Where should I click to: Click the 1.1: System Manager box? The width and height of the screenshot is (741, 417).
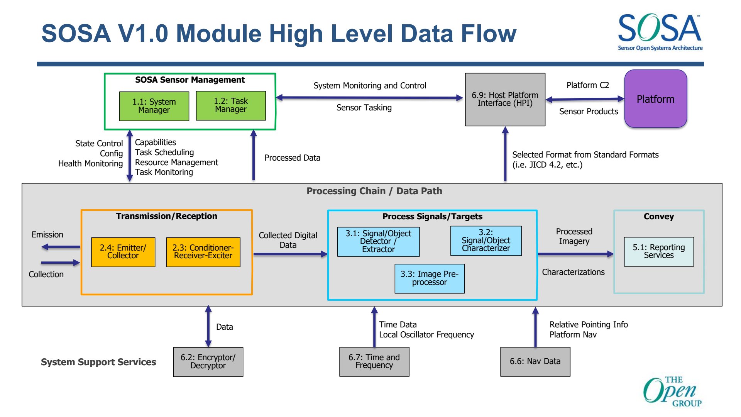(x=154, y=106)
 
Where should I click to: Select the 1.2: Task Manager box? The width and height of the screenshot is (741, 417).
(x=231, y=105)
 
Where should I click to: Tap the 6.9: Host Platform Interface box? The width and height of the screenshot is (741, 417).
(x=505, y=100)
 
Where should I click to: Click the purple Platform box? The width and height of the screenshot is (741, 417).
(x=656, y=99)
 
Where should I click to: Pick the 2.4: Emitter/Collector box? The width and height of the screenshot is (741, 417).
(x=123, y=252)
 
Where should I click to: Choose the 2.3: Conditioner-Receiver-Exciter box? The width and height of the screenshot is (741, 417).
(x=203, y=252)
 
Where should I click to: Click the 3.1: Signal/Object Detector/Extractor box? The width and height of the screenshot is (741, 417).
(x=378, y=242)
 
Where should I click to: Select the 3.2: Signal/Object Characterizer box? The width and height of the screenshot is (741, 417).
(x=486, y=241)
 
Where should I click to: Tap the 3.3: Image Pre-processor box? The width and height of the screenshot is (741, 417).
(x=430, y=278)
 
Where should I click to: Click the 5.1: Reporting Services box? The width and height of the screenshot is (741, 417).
(x=659, y=252)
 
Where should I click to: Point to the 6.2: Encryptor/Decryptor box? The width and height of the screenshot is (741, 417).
(x=208, y=362)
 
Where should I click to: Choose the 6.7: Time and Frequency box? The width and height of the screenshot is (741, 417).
(x=374, y=362)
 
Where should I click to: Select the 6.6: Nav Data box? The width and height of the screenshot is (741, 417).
(x=535, y=362)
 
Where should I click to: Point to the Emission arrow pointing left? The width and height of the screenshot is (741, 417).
(x=61, y=247)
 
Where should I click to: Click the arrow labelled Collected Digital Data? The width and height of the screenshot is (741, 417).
(x=291, y=254)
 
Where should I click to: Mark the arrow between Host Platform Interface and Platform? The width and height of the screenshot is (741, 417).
(x=585, y=99)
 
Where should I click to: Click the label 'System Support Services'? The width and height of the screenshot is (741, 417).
(x=98, y=362)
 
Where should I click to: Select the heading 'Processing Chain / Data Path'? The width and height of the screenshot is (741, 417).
(x=374, y=191)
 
